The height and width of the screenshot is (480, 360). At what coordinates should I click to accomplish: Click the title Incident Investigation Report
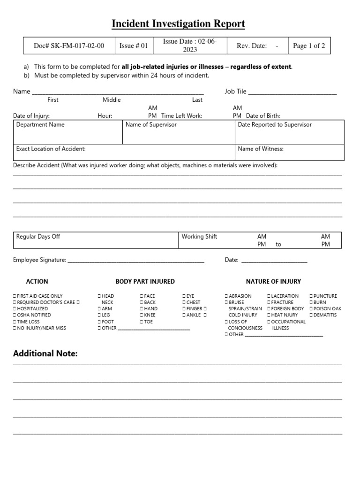tap(178, 24)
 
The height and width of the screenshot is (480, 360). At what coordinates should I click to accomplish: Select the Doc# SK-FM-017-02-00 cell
tap(69, 46)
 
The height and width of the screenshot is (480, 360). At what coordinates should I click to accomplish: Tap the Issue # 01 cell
tap(134, 46)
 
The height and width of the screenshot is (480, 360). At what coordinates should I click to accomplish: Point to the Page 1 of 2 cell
tap(308, 46)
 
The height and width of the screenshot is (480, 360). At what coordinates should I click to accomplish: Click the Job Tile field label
tap(235, 91)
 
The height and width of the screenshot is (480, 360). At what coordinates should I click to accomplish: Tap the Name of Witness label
tap(261, 149)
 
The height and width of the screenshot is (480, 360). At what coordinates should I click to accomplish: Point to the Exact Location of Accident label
tap(51, 149)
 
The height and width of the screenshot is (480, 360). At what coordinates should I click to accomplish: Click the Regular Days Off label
tap(38, 237)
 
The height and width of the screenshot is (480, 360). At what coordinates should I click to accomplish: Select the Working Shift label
tap(199, 237)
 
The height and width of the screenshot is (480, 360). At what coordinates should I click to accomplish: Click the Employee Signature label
tap(39, 260)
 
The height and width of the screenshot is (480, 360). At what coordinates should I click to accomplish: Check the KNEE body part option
tap(141, 315)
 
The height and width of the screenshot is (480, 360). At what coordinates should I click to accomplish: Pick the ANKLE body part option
tap(184, 315)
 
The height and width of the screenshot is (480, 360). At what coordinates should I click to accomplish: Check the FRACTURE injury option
tap(269, 303)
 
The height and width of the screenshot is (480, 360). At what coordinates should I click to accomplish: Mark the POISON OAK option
tap(311, 309)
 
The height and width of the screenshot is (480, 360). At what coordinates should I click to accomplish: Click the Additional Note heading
tap(45, 353)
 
